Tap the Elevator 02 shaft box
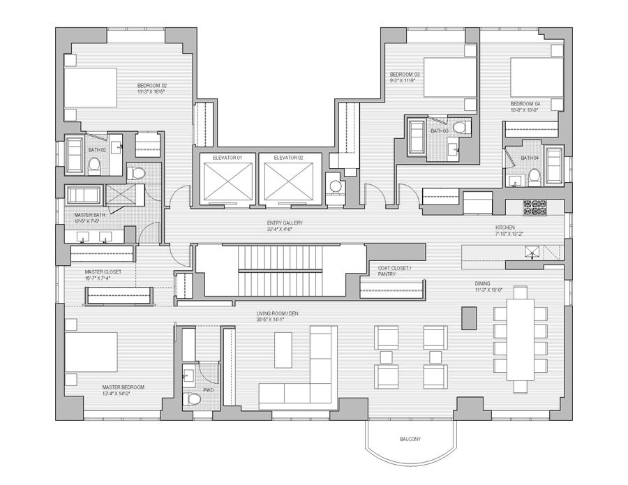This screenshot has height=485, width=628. click(x=287, y=181)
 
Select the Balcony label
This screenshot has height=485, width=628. click(x=410, y=439)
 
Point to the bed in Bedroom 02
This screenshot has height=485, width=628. click(x=91, y=88)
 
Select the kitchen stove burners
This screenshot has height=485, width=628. click(x=534, y=207)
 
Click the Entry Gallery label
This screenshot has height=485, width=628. click(x=284, y=223)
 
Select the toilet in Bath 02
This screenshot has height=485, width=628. click(x=96, y=165)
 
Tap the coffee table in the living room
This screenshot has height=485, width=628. click(x=283, y=350)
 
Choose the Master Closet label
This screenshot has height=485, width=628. click(x=103, y=271)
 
